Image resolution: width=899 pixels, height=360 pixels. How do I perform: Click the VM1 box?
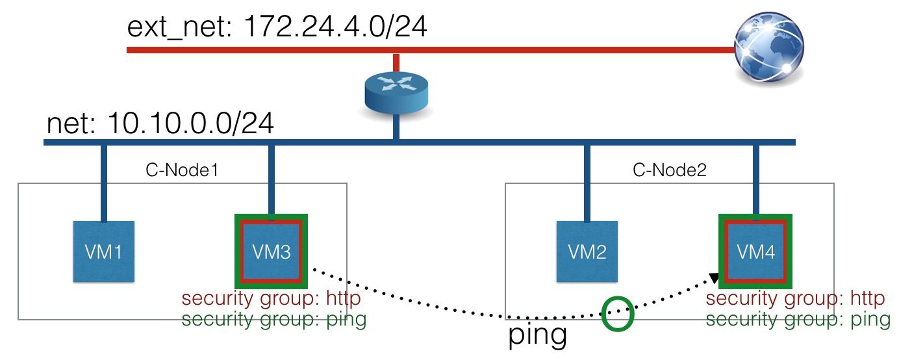coord(103,251)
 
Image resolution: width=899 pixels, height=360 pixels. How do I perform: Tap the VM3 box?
coord(270,251)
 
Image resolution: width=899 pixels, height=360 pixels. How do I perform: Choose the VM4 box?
coord(755,251)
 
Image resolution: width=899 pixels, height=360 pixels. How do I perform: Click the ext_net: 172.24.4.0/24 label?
coord(277,28)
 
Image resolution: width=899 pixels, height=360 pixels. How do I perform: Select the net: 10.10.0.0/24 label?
coord(160,123)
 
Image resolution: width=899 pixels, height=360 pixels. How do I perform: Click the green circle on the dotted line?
coord(617,315)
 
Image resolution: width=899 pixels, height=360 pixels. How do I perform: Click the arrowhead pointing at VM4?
coord(714,279)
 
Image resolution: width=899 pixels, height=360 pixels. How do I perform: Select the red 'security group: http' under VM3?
coord(271,300)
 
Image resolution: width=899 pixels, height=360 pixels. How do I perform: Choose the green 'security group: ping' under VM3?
coord(273,319)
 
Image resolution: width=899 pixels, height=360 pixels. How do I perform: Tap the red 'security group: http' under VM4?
coord(795,300)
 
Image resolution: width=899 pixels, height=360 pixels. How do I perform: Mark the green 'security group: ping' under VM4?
coord(798,319)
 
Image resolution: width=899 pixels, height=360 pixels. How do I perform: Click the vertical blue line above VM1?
coord(103,182)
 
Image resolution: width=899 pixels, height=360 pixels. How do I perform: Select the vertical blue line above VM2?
coord(587,182)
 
